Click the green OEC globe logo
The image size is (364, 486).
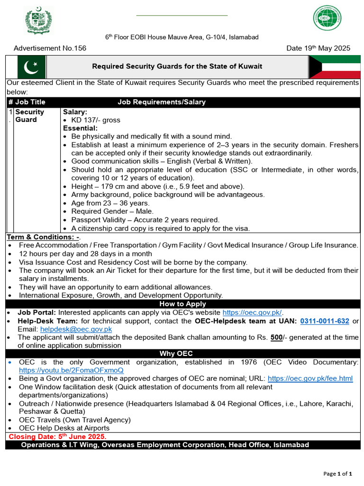tap(327, 19)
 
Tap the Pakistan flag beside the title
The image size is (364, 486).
tap(31, 66)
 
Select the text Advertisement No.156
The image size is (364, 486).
tap(50, 48)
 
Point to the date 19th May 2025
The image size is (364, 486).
tap(318, 48)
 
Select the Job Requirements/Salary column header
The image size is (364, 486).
tap(161, 102)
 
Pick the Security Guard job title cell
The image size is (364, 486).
tap(29, 116)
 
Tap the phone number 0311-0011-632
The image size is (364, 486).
tap(325, 321)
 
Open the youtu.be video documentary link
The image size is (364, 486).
tap(71, 370)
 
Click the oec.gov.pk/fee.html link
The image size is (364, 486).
tap(310, 378)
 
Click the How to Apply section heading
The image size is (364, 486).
tap(182, 304)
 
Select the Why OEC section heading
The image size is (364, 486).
tap(182, 354)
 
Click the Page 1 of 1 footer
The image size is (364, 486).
tap(337, 474)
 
